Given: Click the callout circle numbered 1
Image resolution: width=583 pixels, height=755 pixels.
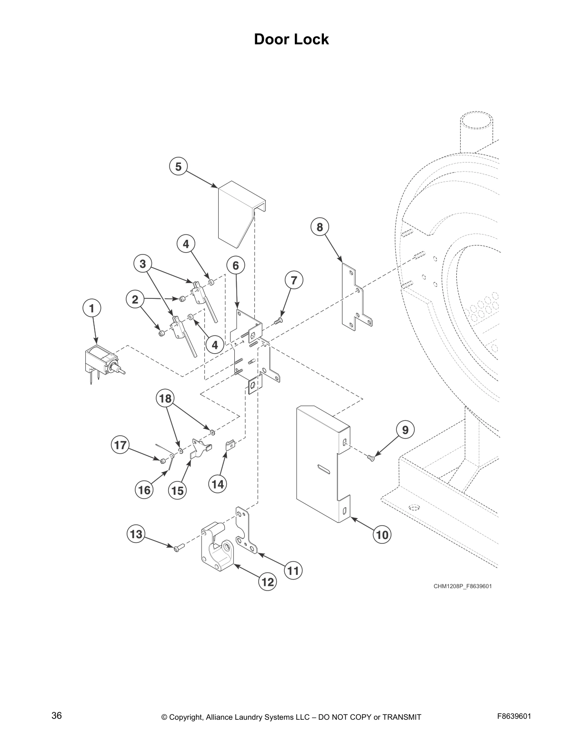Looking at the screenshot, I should click(x=92, y=308).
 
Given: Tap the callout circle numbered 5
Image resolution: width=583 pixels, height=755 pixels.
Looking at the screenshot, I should click(x=178, y=166).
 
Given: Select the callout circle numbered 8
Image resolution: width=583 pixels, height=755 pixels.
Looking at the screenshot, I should click(x=320, y=227).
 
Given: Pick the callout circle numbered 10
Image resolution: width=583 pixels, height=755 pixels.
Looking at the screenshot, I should click(x=382, y=534).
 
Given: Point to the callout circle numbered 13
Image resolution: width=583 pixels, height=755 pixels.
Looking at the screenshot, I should click(x=136, y=534).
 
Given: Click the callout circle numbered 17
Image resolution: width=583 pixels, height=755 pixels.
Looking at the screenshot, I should click(x=120, y=445).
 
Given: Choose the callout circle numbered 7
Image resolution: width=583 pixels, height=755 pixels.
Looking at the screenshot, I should click(x=294, y=280).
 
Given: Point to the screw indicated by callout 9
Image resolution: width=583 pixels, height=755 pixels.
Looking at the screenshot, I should click(x=371, y=458).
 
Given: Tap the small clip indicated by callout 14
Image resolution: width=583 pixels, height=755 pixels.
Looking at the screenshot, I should click(x=230, y=445).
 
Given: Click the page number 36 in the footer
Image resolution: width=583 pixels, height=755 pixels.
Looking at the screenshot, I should click(x=57, y=716).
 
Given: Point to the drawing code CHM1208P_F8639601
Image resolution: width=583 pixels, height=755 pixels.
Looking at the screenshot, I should click(x=462, y=586).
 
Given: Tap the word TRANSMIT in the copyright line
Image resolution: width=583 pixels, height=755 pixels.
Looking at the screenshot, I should click(x=402, y=717).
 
